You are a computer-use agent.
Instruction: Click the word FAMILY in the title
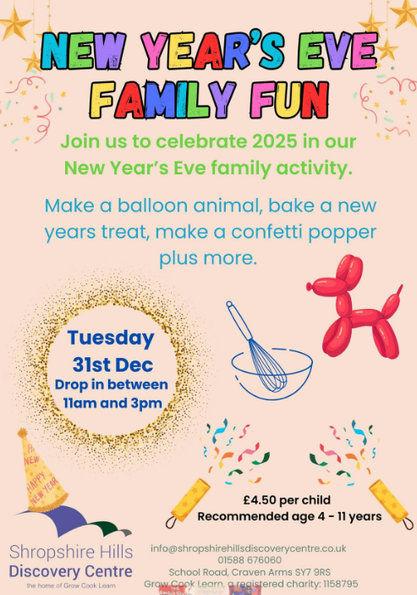click(x=162, y=100)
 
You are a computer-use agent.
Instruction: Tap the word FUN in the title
click(x=289, y=100)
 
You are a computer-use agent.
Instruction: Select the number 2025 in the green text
click(x=275, y=141)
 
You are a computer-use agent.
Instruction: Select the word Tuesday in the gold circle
click(x=111, y=338)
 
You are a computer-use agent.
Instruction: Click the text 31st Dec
click(x=113, y=365)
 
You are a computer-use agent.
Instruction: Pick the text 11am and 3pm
click(x=112, y=403)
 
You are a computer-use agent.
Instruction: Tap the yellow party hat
click(x=41, y=472)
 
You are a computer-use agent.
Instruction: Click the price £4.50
click(x=260, y=500)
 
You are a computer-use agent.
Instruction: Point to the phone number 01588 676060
click(x=250, y=560)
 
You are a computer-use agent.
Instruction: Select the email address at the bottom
click(x=249, y=548)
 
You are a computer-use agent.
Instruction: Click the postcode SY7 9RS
click(x=314, y=572)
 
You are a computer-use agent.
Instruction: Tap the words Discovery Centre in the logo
click(x=71, y=571)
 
